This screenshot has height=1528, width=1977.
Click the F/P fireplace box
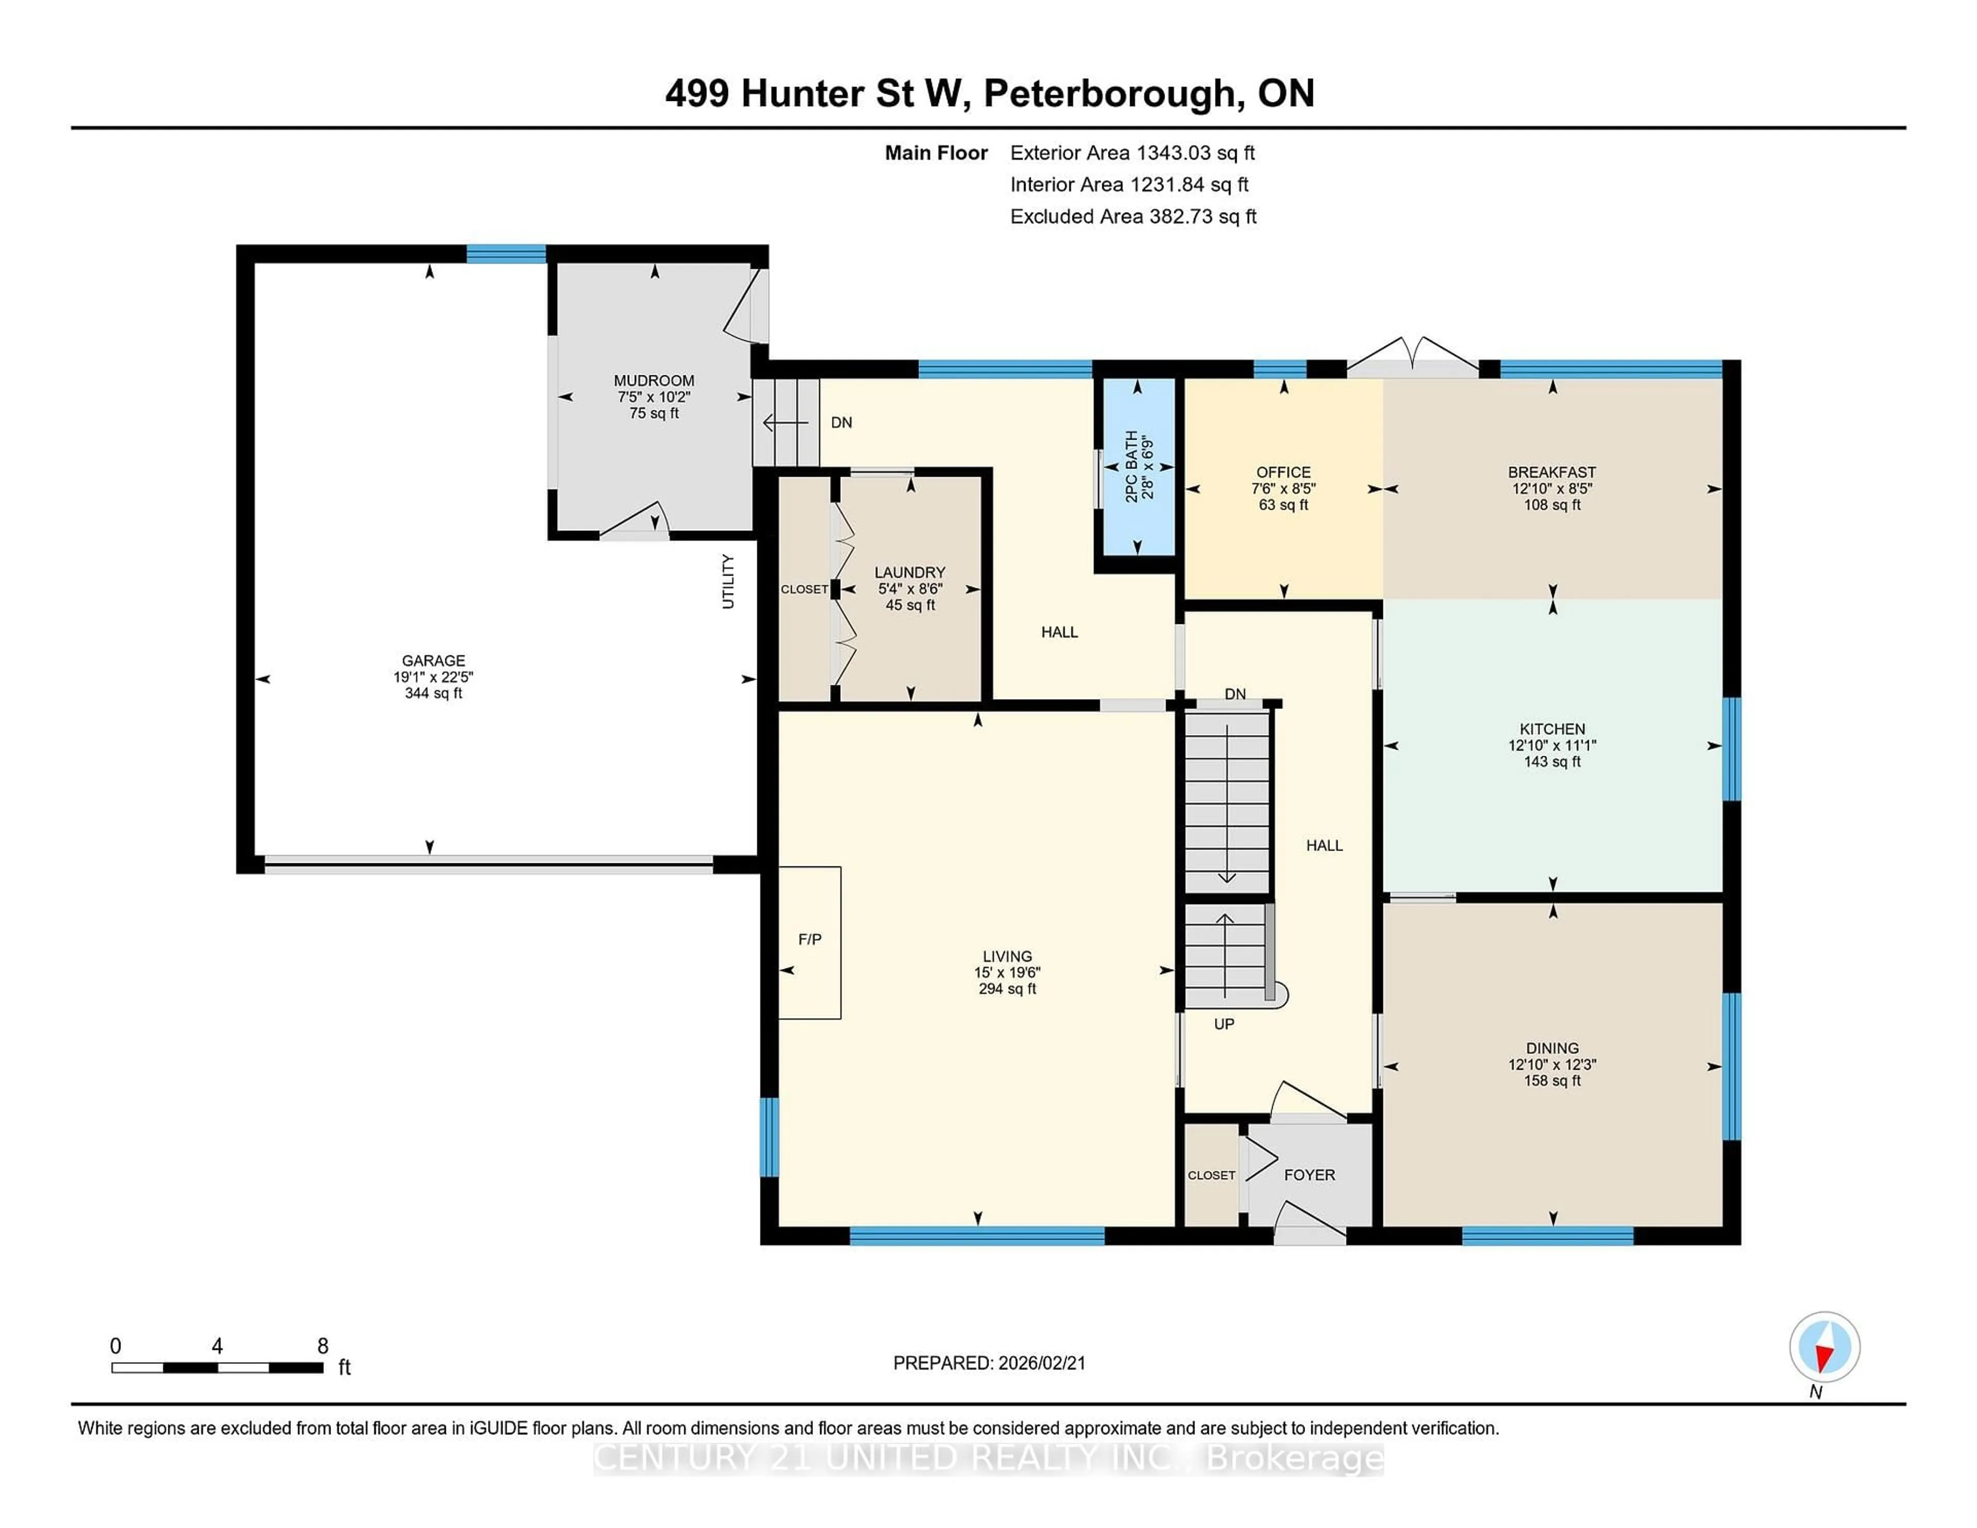[810, 942]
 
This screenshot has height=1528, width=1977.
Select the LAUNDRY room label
[910, 572]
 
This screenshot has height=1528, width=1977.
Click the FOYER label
[1309, 1175]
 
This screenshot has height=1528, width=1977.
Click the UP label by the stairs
[1224, 1024]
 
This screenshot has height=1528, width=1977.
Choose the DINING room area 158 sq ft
[1552, 1081]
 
